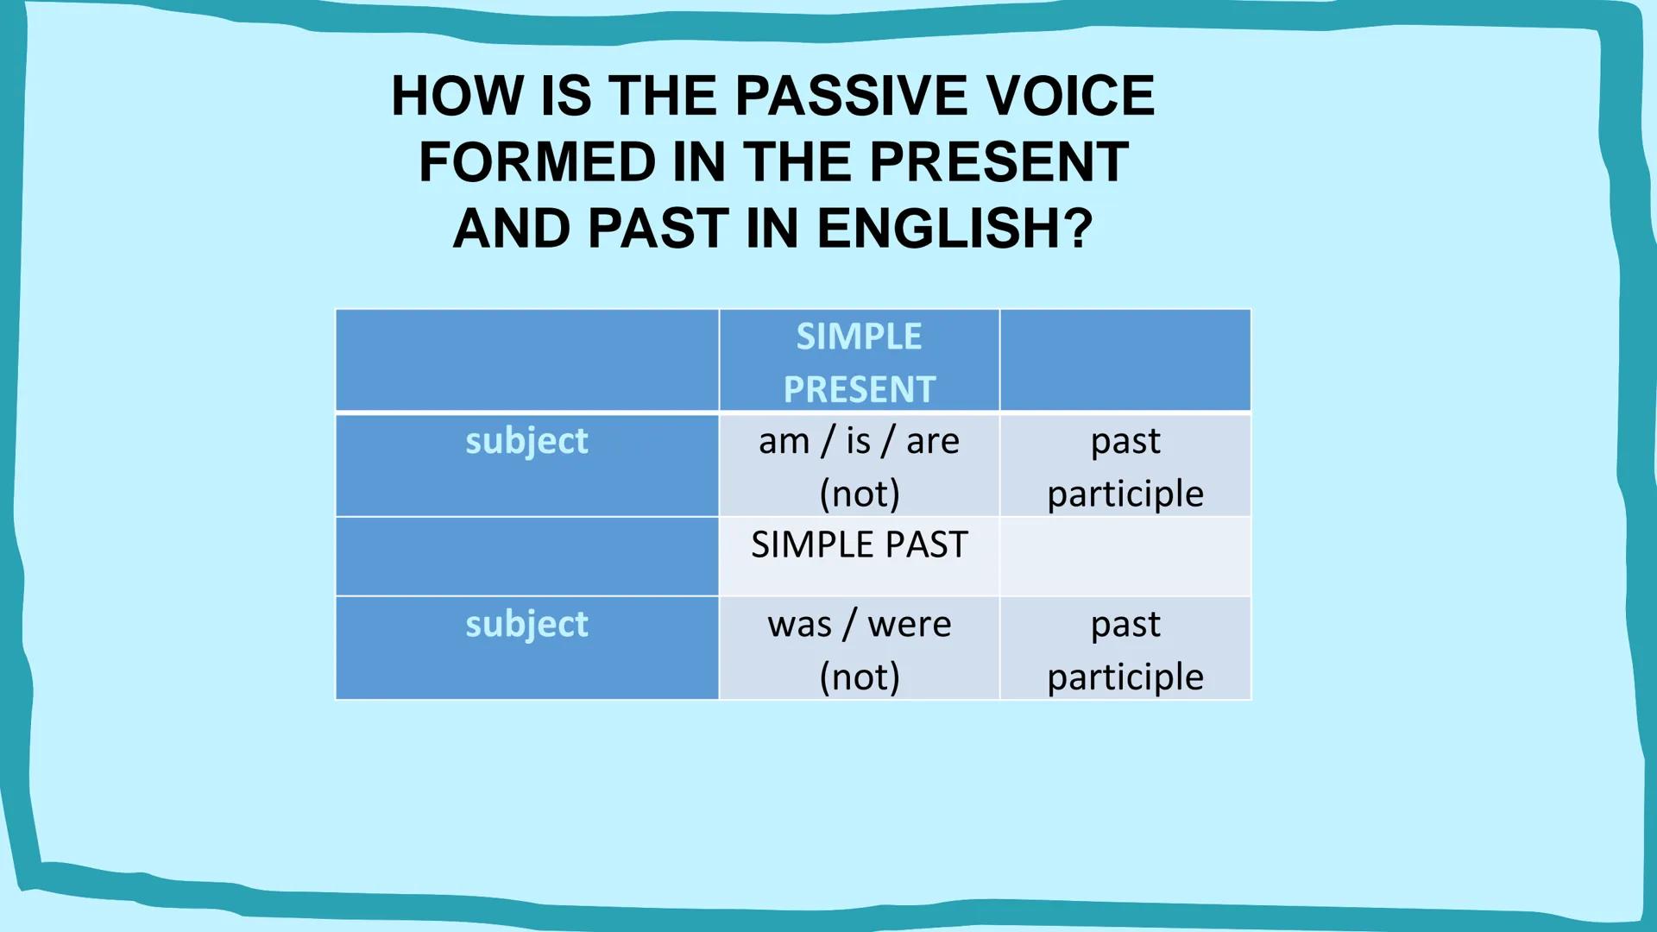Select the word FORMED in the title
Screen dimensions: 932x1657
point(537,161)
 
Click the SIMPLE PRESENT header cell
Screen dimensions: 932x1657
point(859,362)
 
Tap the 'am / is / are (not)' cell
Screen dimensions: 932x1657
point(859,466)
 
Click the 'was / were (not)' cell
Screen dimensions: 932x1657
point(859,649)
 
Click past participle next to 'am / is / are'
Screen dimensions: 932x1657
point(1125,466)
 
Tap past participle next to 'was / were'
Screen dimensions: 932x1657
point(1125,649)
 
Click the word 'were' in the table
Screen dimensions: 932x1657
point(909,624)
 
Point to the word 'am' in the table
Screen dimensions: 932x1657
point(784,442)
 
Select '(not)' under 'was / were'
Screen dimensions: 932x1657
point(859,677)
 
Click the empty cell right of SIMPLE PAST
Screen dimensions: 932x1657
point(1125,557)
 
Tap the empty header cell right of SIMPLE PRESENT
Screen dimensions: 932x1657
point(1125,360)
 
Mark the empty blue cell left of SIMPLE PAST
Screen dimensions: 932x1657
point(526,557)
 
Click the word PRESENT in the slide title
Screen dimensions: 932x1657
point(999,161)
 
